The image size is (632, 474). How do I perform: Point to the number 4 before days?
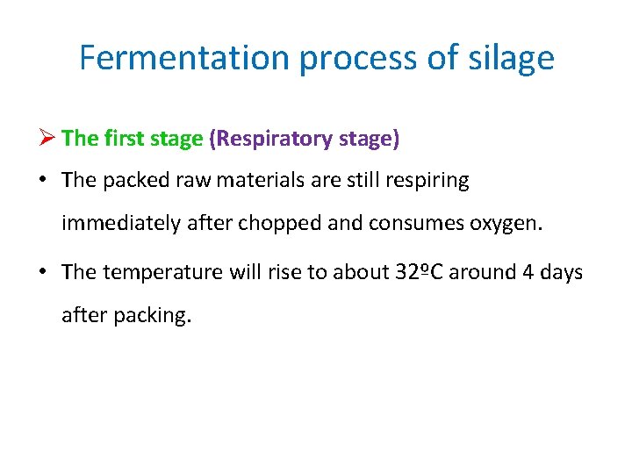point(528,272)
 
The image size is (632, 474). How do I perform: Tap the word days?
point(562,272)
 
